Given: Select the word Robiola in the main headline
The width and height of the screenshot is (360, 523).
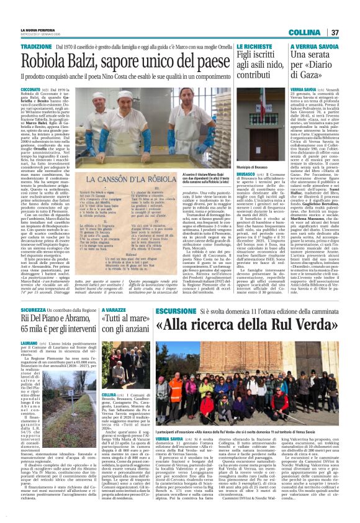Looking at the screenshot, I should pos(62,60).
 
